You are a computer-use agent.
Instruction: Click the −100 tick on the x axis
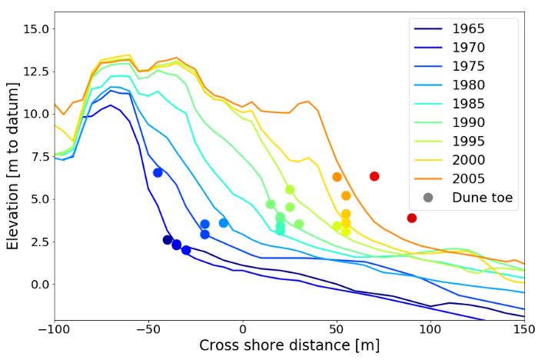pyautogui.click(x=54, y=328)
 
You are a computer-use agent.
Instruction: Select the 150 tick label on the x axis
pyautogui.click(x=524, y=328)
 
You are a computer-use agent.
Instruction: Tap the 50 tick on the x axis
pyautogui.click(x=337, y=328)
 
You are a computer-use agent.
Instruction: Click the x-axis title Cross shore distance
pyautogui.click(x=289, y=345)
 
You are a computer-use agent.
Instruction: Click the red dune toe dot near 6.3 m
pyautogui.click(x=374, y=176)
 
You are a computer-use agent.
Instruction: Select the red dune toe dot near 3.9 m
pyautogui.click(x=412, y=218)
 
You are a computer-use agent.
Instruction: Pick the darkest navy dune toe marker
pyautogui.click(x=168, y=240)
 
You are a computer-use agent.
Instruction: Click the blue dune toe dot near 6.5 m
pyautogui.click(x=158, y=173)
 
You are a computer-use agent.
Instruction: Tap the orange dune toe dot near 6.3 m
pyautogui.click(x=337, y=177)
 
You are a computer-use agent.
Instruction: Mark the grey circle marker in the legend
pyautogui.click(x=428, y=198)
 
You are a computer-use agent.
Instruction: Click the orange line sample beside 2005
pyautogui.click(x=428, y=178)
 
